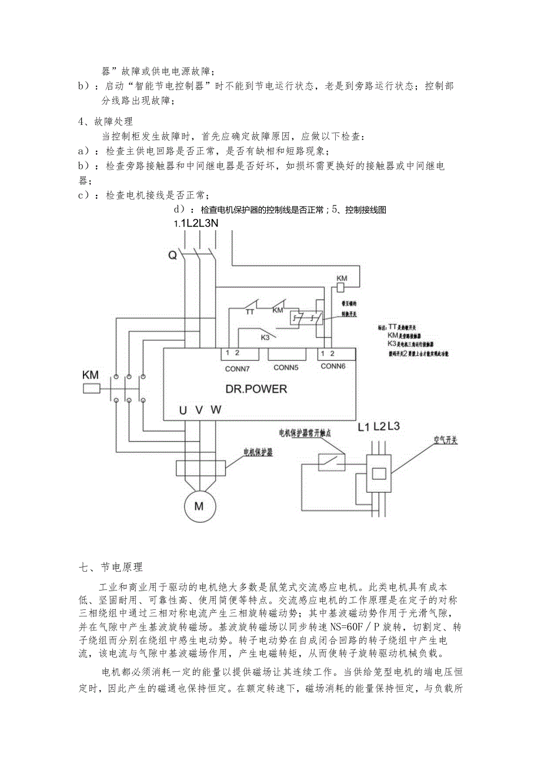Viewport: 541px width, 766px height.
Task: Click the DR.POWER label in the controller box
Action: pos(256,389)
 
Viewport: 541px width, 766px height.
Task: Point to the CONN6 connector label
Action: pos(333,366)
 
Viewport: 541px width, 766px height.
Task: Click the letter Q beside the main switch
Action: pos(172,255)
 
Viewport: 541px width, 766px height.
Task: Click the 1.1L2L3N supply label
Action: pos(196,223)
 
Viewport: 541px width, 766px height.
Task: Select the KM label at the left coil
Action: pos(91,374)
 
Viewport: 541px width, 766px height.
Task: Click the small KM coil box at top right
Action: pos(339,287)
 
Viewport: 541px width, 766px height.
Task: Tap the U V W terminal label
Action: pos(200,410)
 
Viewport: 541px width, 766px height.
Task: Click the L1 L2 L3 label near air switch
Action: pos(379,426)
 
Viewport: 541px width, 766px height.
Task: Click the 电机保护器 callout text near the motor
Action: pos(262,452)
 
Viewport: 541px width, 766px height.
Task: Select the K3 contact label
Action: pos(265,337)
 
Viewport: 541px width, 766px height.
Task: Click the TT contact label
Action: pos(250,312)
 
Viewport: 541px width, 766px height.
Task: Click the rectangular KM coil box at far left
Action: pos(92,389)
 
